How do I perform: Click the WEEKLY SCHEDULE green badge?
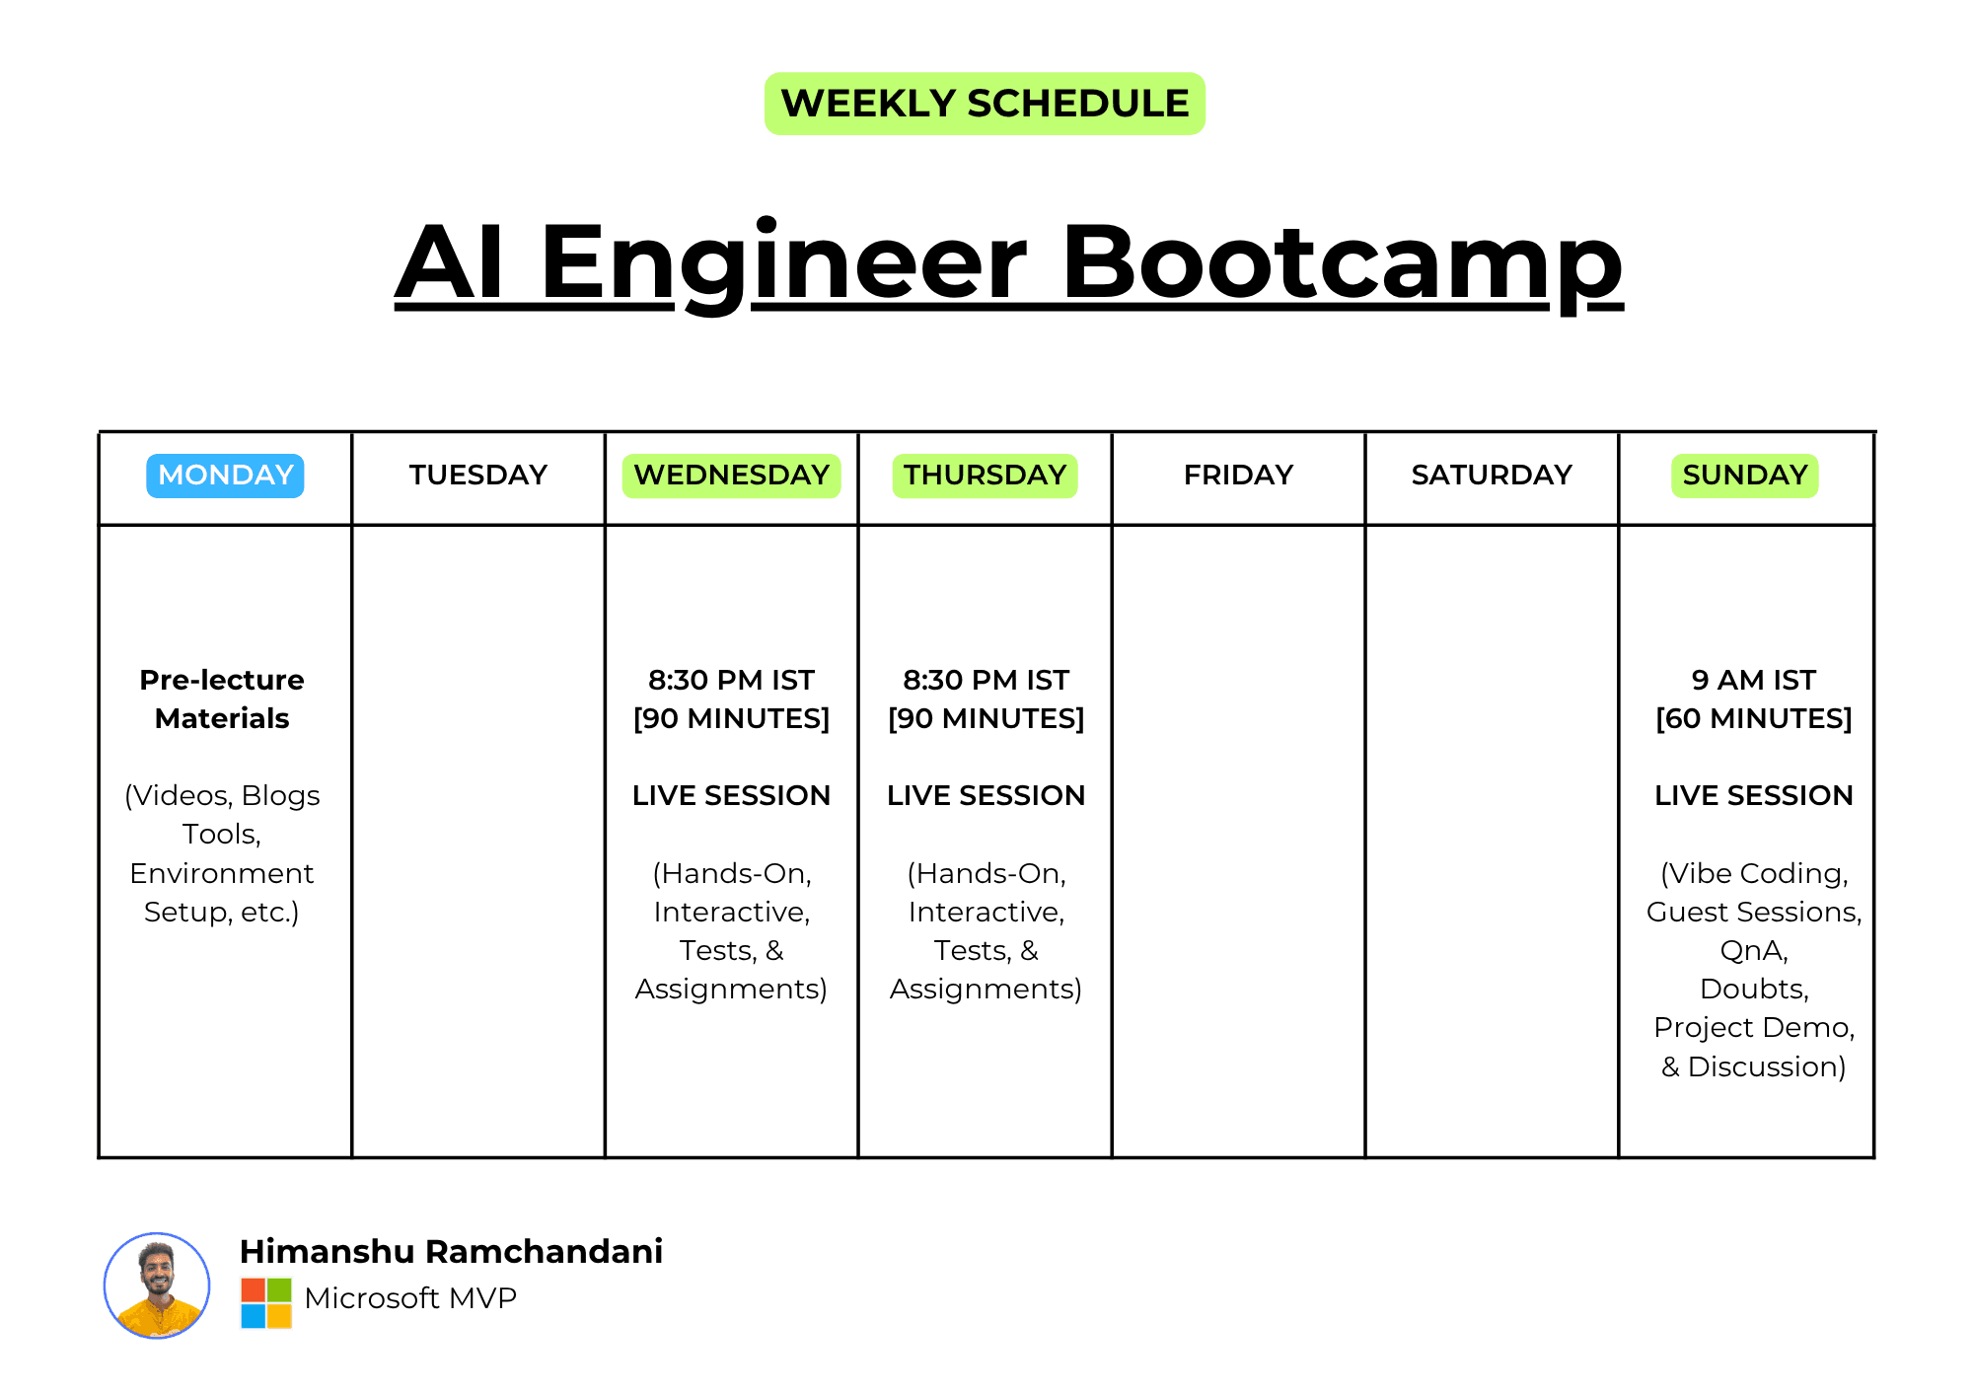(x=985, y=104)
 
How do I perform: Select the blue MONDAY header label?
(x=225, y=476)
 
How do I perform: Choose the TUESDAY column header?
(x=478, y=476)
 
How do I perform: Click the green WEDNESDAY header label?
(x=731, y=476)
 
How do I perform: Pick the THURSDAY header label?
(x=985, y=476)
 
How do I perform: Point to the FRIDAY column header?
(x=1238, y=476)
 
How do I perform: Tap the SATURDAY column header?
(x=1492, y=476)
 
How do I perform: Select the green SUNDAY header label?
(x=1744, y=476)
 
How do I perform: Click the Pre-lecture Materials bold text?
(x=222, y=698)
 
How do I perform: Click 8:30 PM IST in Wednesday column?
(x=731, y=680)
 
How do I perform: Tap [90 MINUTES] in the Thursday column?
(x=986, y=718)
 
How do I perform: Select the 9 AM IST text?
(x=1753, y=680)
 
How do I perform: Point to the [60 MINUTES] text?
(x=1753, y=718)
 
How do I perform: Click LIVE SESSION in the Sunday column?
(x=1753, y=795)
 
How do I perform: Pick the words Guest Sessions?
(x=1753, y=912)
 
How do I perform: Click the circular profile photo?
(x=157, y=1285)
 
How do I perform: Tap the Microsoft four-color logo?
(x=266, y=1303)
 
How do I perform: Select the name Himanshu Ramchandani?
(x=451, y=1251)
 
